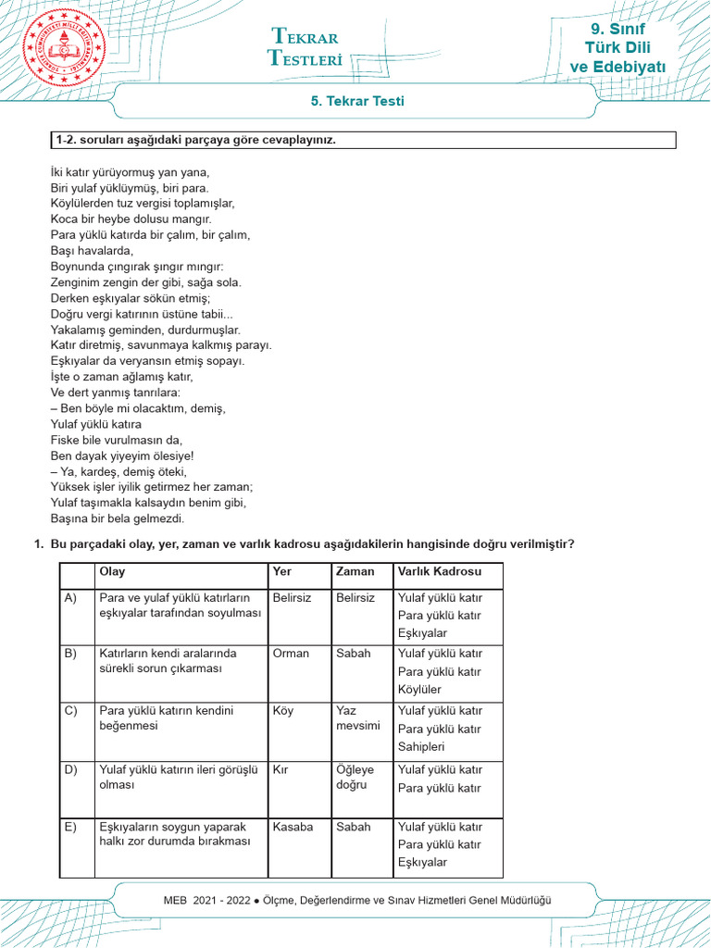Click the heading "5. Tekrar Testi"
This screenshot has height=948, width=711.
click(x=355, y=102)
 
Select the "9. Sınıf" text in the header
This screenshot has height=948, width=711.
click(x=617, y=30)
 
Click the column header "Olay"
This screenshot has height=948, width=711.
click(x=112, y=572)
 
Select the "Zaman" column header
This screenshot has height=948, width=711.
click(x=355, y=572)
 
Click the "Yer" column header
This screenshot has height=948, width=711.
click(x=282, y=572)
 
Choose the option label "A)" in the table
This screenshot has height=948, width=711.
click(x=70, y=598)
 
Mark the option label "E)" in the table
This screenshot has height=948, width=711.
click(x=70, y=827)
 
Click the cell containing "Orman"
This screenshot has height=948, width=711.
click(x=292, y=654)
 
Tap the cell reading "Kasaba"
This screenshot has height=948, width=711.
click(x=293, y=827)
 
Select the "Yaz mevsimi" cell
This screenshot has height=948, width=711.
click(x=358, y=718)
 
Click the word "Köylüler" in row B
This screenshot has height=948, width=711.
click(x=420, y=690)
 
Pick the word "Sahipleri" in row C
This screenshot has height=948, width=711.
click(x=421, y=747)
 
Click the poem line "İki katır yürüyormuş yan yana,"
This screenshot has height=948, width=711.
click(x=131, y=172)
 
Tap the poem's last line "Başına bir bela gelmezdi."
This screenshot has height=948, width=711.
click(x=118, y=518)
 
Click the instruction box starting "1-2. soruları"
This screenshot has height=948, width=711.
click(x=364, y=141)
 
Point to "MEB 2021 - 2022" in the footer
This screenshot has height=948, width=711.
click(x=208, y=901)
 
